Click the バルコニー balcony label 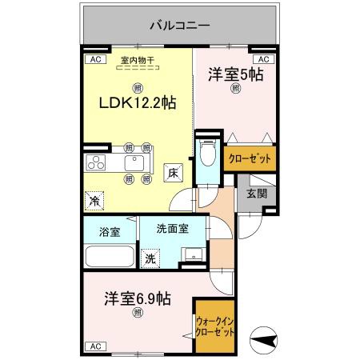(x=179, y=26)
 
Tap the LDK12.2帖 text (x=138, y=103)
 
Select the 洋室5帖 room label (x=236, y=75)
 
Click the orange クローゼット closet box (x=250, y=158)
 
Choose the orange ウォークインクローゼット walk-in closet (x=215, y=327)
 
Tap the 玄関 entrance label (x=256, y=193)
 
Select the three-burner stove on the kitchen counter (x=97, y=163)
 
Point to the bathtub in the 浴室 (x=108, y=258)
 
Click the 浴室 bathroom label (x=109, y=232)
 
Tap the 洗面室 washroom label (x=172, y=228)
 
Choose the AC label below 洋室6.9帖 (x=94, y=346)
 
